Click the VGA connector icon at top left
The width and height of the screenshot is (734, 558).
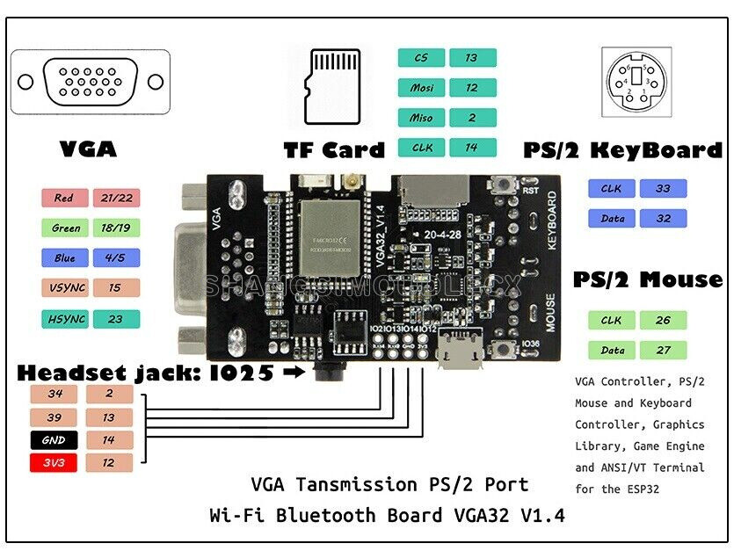tap(91, 82)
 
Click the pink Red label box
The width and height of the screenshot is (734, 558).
tap(64, 198)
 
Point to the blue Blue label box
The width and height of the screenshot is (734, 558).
tap(64, 258)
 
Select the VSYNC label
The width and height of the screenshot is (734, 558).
tap(64, 288)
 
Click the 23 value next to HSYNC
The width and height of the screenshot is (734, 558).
tap(115, 319)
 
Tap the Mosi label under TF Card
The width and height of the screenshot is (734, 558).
tap(422, 88)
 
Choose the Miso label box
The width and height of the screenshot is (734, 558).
tap(422, 118)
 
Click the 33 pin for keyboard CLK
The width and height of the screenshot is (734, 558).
tap(663, 188)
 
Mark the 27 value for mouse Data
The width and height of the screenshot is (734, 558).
tap(663, 350)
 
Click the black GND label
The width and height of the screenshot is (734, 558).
tap(54, 440)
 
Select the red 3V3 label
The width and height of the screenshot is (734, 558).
tap(54, 462)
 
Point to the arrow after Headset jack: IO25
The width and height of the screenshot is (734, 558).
tap(293, 373)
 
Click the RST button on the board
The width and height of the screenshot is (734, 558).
tap(505, 185)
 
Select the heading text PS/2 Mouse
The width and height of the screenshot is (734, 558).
tap(648, 280)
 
